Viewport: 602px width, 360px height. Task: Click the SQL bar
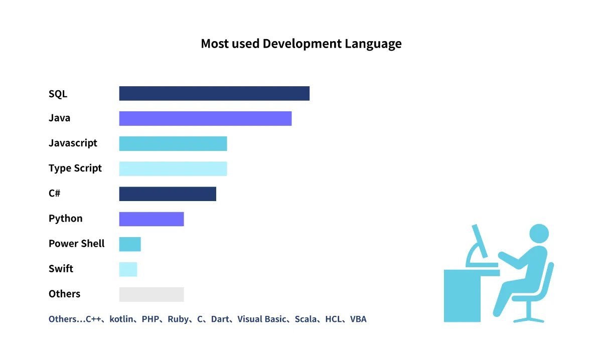coord(214,93)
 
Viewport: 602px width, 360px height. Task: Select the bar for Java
coord(205,118)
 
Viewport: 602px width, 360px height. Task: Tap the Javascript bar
coord(173,143)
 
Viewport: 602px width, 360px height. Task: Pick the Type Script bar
coord(173,168)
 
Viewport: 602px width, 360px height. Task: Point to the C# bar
coord(168,194)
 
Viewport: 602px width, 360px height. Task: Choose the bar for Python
coord(152,219)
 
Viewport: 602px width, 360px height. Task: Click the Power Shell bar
coord(130,244)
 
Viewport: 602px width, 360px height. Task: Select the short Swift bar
coord(128,269)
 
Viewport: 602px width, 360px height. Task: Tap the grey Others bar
coord(152,294)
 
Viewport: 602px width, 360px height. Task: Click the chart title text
coord(301,44)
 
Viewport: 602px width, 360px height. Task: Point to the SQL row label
coord(58,94)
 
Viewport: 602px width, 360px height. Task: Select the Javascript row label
coord(73,143)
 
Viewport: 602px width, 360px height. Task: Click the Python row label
coord(65,219)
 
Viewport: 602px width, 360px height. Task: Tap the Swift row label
coord(61,269)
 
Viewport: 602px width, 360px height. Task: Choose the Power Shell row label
coord(76,244)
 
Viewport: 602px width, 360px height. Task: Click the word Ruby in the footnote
coord(178,319)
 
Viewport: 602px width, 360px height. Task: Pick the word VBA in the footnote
coord(358,319)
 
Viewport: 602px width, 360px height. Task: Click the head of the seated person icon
coord(539,234)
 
